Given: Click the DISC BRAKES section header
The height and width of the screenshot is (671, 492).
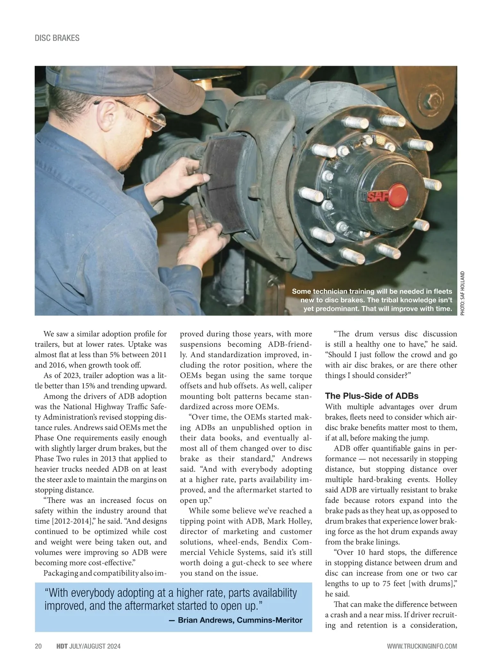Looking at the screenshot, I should pos(57,38).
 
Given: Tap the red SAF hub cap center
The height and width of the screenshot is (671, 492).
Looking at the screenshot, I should pos(396,195).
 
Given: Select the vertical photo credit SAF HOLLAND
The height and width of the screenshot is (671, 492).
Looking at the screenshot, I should pos(462,293).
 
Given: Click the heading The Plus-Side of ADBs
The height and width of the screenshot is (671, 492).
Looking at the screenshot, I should pos(371,396).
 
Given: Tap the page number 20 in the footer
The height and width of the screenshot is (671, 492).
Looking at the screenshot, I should pos(38,646).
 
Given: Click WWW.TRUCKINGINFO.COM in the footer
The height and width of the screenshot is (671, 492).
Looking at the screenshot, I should pos(422,646).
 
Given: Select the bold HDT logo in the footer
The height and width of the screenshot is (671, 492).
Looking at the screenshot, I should pos(62,646).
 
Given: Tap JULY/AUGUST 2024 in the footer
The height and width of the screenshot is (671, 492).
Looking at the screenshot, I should pos(95,646).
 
